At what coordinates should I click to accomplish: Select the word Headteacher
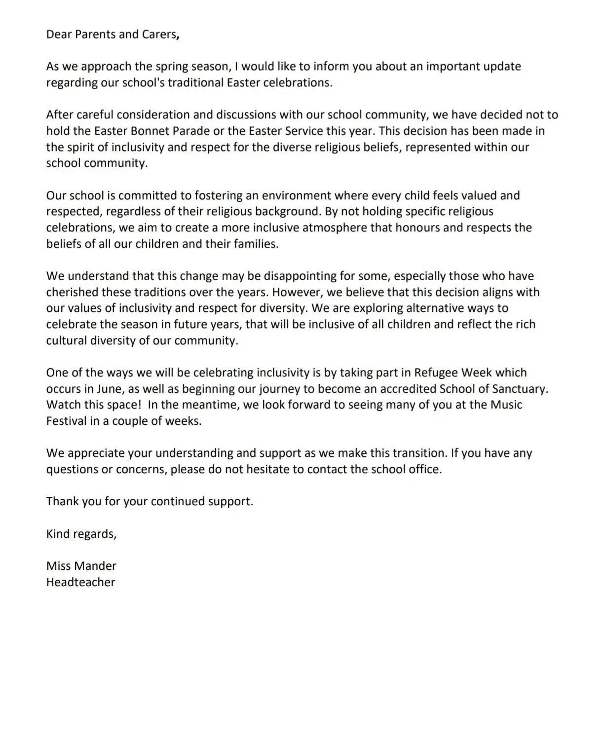click(81, 582)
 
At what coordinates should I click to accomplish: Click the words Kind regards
click(81, 534)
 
